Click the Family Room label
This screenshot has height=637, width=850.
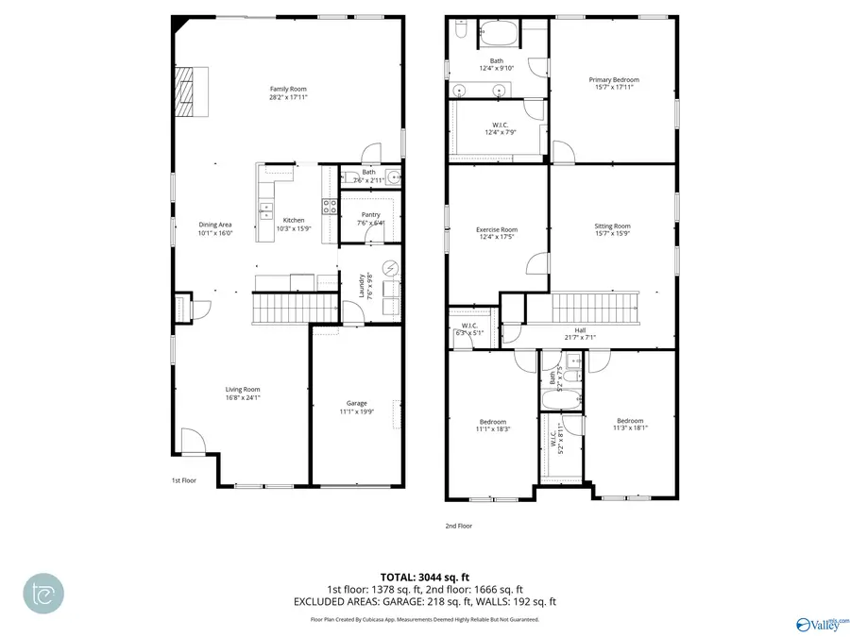(288, 89)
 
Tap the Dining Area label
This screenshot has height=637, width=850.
(215, 225)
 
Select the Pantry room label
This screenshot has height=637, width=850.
(370, 215)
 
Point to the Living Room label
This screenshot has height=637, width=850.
(243, 389)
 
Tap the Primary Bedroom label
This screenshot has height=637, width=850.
(614, 80)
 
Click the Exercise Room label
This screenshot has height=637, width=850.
(497, 229)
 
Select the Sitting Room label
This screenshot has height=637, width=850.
(612, 226)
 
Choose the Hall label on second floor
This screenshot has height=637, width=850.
(580, 329)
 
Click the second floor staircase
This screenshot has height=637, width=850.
(595, 308)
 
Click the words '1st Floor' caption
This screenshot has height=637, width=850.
(183, 480)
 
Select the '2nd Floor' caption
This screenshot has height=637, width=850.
(459, 526)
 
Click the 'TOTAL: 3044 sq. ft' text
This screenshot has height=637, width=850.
(424, 576)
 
